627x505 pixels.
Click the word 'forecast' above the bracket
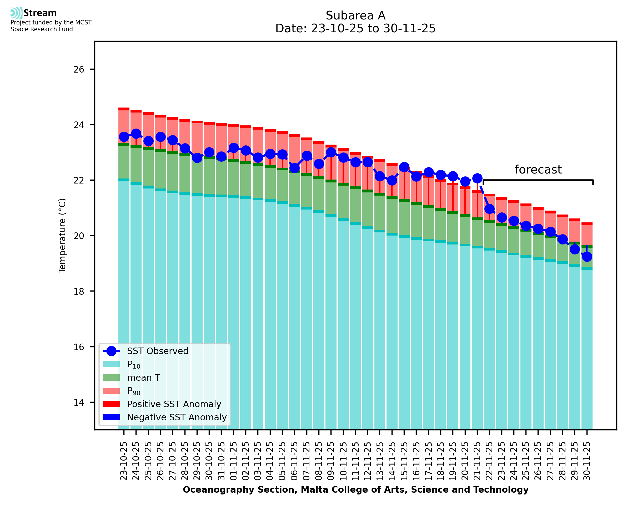pos(538,170)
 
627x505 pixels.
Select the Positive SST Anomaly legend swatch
pos(111,404)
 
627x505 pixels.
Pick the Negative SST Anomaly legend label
pos(177,417)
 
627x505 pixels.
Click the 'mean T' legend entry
pos(143,378)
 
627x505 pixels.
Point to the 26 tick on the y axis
pos(79,69)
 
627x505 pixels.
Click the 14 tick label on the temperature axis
pos(79,402)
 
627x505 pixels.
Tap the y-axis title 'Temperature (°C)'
pos(62,236)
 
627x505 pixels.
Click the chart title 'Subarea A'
pos(355,16)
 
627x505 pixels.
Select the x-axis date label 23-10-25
pos(124,461)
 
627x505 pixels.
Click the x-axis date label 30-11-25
pos(587,461)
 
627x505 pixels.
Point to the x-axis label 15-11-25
pos(404,461)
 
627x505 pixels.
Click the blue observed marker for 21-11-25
pos(477,178)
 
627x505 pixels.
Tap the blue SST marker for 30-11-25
pos(587,257)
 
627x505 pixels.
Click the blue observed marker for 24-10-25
pos(136,134)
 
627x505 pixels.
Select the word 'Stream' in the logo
pos(40,13)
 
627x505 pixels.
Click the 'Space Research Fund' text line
pos(42,29)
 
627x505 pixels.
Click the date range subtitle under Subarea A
pos(355,28)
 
